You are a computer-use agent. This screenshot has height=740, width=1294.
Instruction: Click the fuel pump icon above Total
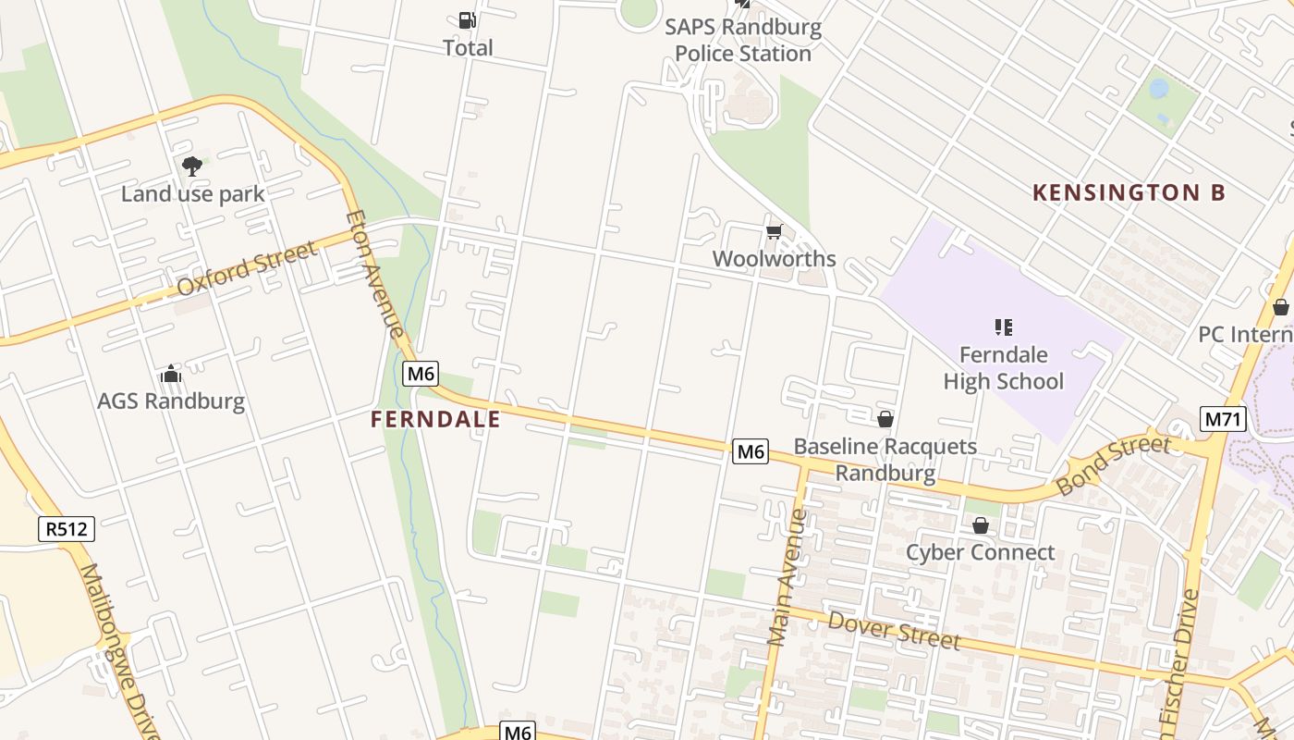coord(468,19)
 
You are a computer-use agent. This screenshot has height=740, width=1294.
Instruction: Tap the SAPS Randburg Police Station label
coord(743,41)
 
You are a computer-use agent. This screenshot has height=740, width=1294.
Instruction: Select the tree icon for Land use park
coord(192,166)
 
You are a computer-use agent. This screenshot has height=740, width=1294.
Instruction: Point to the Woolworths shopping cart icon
coord(774,231)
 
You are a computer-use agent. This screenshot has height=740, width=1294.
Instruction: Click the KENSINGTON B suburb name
coord(1129,192)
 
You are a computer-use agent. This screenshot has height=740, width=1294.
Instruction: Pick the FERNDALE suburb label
coord(435,419)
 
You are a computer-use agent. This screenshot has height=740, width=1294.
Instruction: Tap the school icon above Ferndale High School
coord(1003,327)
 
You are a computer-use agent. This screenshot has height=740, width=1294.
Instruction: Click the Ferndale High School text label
coord(1003,368)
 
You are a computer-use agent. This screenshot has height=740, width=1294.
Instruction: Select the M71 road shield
coord(1224,419)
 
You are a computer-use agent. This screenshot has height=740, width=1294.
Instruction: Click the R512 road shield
coord(67,529)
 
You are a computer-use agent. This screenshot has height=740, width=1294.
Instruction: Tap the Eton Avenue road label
coord(374,275)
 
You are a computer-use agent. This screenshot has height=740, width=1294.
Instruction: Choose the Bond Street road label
coord(1113,464)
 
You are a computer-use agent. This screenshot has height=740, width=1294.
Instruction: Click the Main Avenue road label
coord(787,576)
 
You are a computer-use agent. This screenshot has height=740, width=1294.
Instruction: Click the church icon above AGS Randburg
coord(171,374)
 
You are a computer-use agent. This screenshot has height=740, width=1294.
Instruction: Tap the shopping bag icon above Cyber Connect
coord(980,525)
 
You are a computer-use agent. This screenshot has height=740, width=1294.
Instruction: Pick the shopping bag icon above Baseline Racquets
coord(885,419)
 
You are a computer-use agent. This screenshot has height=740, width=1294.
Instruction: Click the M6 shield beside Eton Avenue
coord(421,374)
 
